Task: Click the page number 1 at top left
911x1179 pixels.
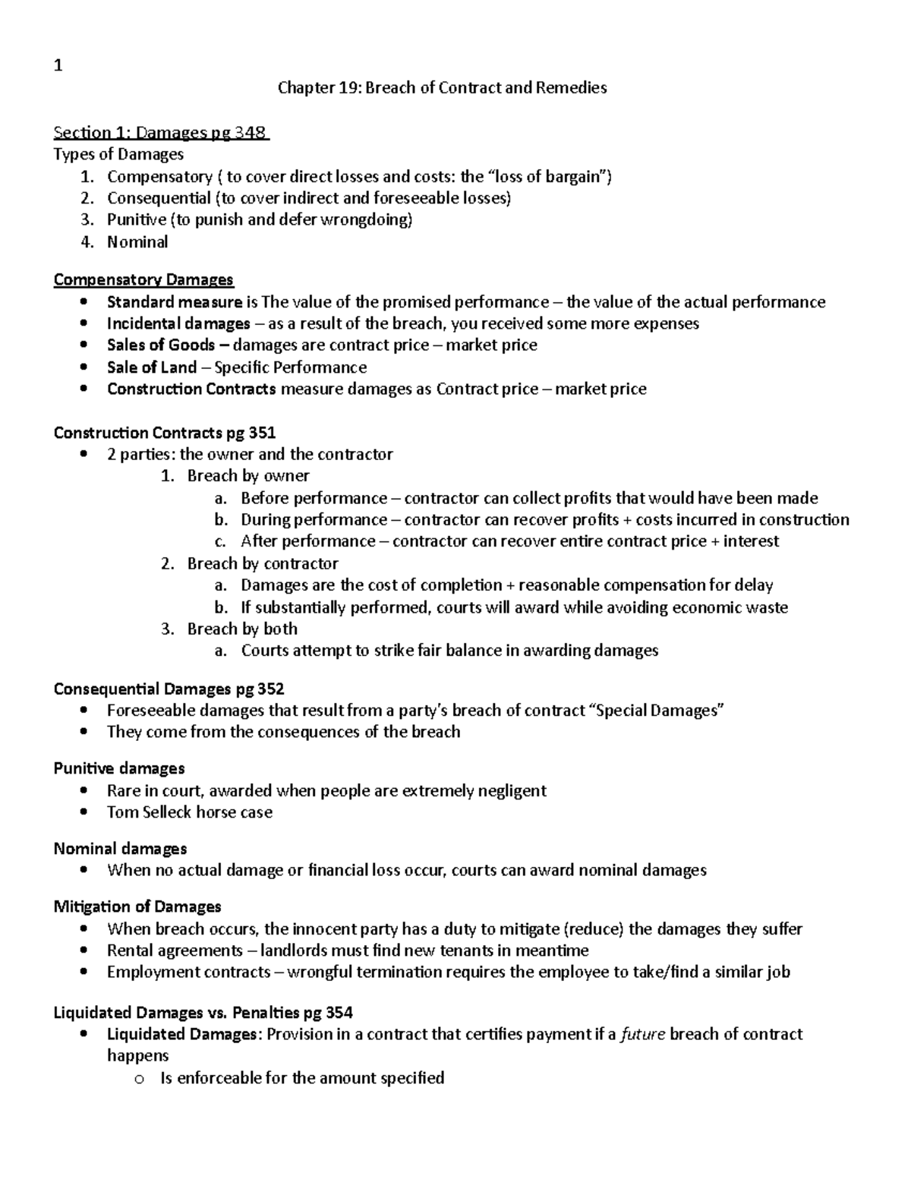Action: (58, 66)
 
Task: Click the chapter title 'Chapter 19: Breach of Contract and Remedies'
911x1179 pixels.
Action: (442, 88)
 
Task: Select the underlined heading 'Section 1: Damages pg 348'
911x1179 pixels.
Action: (160, 133)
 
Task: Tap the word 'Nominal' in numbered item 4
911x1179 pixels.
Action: (137, 242)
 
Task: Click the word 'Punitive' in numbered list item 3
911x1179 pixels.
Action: (136, 220)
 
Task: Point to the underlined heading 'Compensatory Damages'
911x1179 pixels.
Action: (143, 280)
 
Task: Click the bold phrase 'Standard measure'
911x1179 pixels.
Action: (175, 302)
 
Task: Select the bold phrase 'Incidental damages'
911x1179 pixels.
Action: (178, 324)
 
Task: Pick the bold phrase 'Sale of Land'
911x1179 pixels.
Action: (152, 367)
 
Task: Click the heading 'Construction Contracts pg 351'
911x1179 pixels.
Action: (165, 433)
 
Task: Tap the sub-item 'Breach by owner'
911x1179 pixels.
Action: (248, 476)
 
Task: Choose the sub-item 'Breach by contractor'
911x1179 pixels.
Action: (263, 563)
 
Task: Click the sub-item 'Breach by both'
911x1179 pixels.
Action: (242, 629)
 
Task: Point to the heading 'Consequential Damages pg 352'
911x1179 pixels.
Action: (169, 689)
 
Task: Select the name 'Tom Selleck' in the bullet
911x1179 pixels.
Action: (149, 812)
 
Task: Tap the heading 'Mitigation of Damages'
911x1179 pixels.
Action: (137, 906)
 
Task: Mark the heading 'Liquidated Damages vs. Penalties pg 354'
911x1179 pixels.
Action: (203, 1013)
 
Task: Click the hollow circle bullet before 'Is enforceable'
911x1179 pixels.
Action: (138, 1079)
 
